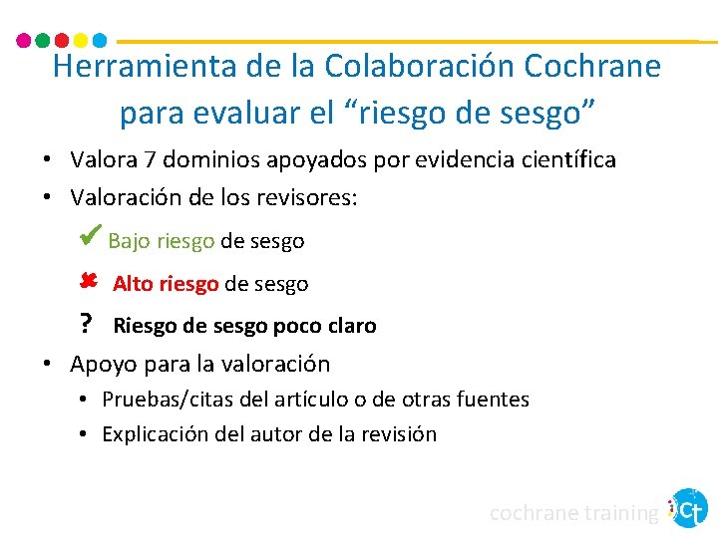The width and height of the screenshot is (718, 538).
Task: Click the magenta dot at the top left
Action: [24, 41]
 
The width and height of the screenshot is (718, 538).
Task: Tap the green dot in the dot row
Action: [42, 41]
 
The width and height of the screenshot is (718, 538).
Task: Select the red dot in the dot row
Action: [61, 41]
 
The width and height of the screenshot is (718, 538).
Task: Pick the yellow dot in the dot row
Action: [80, 41]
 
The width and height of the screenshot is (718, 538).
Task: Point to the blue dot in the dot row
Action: [99, 41]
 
